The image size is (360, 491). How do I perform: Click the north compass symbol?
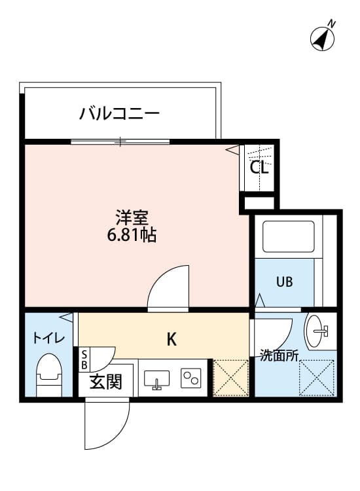pyautogui.click(x=323, y=38)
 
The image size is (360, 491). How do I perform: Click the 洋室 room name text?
pyautogui.click(x=132, y=217)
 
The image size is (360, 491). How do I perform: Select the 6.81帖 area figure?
pyautogui.click(x=132, y=235)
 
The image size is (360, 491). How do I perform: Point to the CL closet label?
pyautogui.click(x=259, y=167)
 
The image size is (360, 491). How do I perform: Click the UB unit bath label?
pyautogui.click(x=284, y=282)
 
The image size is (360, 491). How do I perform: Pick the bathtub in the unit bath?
pyautogui.click(x=288, y=238)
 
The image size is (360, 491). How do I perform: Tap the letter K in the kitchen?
pyautogui.click(x=171, y=339)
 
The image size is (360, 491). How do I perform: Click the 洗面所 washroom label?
pyautogui.click(x=279, y=356)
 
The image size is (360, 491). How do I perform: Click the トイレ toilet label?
pyautogui.click(x=49, y=338)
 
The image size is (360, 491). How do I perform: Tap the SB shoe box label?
pyautogui.click(x=84, y=360)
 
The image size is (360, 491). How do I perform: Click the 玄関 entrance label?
pyautogui.click(x=105, y=382)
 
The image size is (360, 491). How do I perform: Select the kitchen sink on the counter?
pyautogui.click(x=156, y=378)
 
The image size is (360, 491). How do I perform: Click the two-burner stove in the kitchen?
pyautogui.click(x=191, y=378)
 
